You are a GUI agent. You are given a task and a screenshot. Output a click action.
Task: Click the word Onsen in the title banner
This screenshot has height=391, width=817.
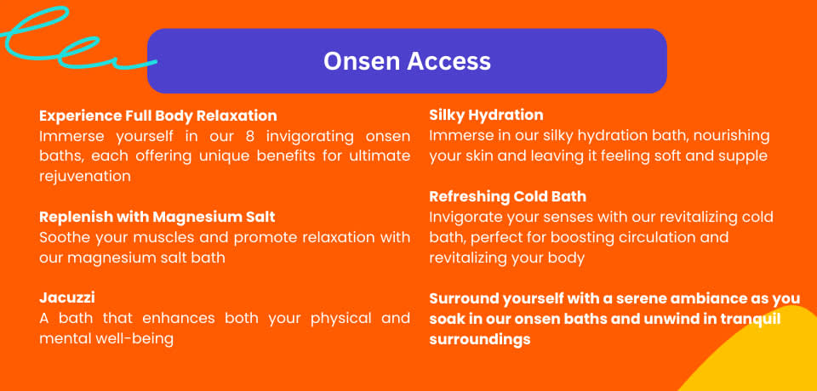[x=362, y=61]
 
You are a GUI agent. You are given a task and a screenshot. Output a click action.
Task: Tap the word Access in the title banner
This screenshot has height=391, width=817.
[x=448, y=61]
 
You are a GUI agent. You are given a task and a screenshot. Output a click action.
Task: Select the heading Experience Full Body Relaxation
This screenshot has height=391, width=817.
[x=158, y=116]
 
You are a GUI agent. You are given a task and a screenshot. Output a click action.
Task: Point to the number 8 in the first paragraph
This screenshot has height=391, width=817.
[x=249, y=136]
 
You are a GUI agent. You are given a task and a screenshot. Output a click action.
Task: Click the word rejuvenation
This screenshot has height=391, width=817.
[x=85, y=177]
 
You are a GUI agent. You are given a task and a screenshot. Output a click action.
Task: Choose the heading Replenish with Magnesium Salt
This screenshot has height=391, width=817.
[x=157, y=217]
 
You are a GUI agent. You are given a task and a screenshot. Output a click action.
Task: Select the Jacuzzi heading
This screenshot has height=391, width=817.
[x=66, y=297]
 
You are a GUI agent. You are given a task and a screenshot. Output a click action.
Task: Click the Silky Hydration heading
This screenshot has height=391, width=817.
[x=486, y=115]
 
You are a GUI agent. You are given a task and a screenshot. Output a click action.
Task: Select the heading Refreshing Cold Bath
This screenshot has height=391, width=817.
[x=507, y=196]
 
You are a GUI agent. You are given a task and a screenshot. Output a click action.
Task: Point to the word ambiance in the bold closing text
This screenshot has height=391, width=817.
[x=683, y=298]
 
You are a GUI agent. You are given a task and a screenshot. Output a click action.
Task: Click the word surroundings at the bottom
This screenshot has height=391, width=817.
[x=480, y=339]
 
